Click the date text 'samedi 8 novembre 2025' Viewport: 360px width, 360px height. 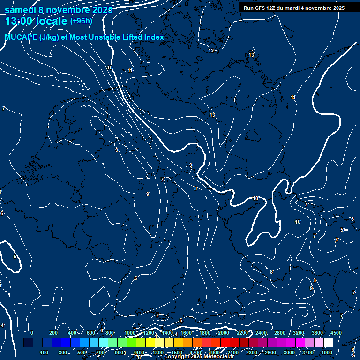point(59,10)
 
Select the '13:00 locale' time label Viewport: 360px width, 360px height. point(37,22)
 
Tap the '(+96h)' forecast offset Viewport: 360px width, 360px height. point(81,21)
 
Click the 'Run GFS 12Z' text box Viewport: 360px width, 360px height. point(294,8)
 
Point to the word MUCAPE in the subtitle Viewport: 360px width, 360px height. point(21,37)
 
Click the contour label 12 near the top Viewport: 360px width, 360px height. point(211,51)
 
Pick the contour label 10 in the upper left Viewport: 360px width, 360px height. point(110,68)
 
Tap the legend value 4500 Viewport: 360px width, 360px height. point(336,333)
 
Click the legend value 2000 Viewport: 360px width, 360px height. point(224,333)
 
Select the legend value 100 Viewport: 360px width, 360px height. point(45,352)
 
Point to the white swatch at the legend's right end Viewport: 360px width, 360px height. point(328,343)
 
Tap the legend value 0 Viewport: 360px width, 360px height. point(32,333)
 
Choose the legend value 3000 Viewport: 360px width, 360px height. point(289,352)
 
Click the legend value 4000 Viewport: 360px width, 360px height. point(327,352)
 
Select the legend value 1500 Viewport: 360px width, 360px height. point(177,352)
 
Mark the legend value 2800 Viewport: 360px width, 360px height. point(280,333)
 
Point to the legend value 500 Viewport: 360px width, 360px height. point(82,352)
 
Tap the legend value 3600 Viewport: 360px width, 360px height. point(317,333)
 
